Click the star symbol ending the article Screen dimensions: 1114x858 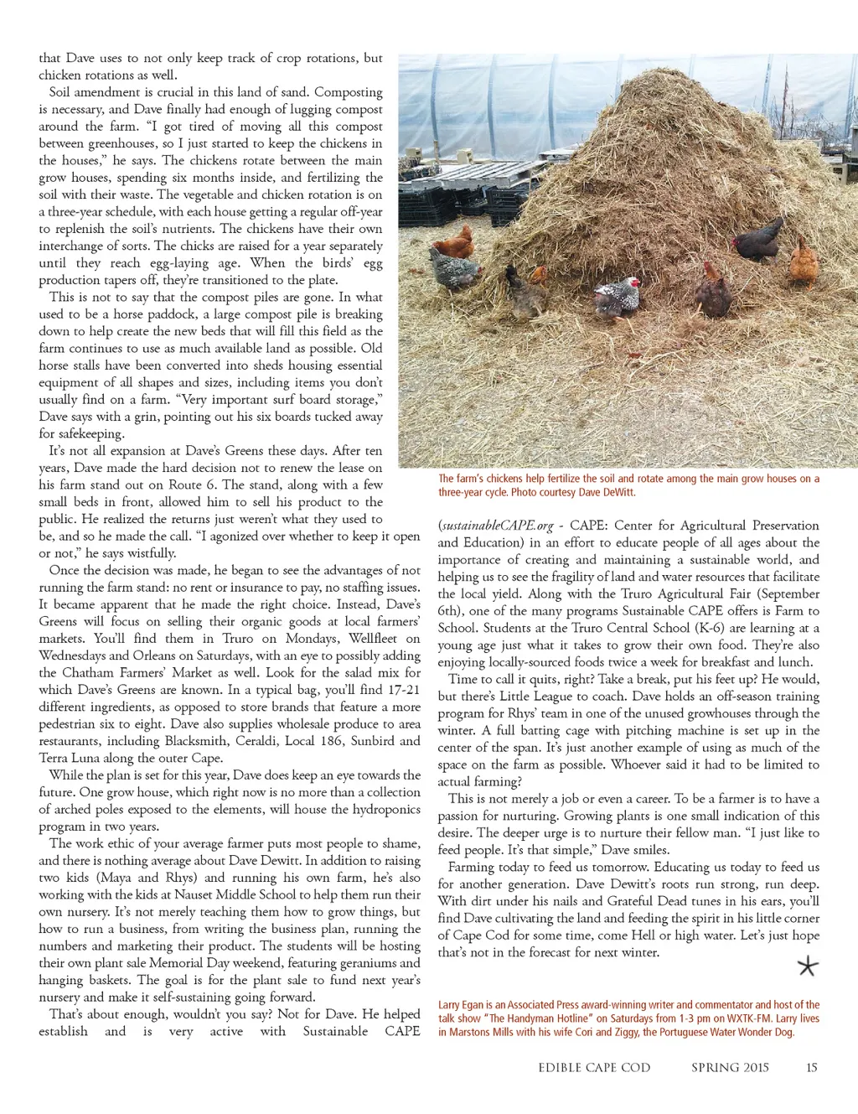[x=807, y=967]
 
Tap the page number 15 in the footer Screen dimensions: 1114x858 [x=811, y=1067]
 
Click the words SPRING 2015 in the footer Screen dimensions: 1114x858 [x=730, y=1067]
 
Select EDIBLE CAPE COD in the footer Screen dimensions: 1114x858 [x=594, y=1067]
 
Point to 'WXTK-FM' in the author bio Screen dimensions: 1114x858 [x=748, y=1018]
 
